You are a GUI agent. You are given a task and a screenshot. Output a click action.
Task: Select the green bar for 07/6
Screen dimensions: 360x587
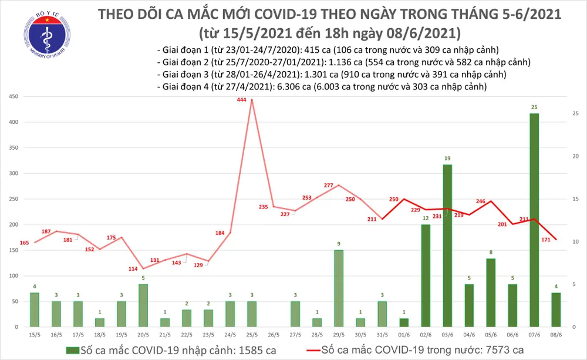pyautogui.click(x=534, y=220)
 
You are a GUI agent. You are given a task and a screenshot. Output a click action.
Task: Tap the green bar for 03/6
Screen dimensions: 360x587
pyautogui.click(x=447, y=246)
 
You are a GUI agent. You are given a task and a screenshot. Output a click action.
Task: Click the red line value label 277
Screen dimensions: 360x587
pyautogui.click(x=329, y=186)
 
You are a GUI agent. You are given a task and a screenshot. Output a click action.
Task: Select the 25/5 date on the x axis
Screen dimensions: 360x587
pyautogui.click(x=252, y=334)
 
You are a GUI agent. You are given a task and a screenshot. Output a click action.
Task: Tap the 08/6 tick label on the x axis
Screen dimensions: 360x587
pyautogui.click(x=555, y=334)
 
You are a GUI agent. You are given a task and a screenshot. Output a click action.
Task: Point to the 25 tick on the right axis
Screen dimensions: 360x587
pyautogui.click(x=574, y=113)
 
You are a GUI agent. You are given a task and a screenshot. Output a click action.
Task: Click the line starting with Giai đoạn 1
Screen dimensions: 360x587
pyautogui.click(x=330, y=49)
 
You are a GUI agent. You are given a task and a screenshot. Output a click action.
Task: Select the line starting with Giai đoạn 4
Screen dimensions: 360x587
pyautogui.click(x=322, y=87)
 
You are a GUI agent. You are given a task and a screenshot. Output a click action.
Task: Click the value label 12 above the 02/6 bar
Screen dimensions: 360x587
pyautogui.click(x=426, y=219)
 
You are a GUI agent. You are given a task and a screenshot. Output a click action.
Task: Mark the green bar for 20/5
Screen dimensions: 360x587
pyautogui.click(x=143, y=305)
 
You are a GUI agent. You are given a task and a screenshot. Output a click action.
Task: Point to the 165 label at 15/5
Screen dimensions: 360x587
pyautogui.click(x=25, y=243)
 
